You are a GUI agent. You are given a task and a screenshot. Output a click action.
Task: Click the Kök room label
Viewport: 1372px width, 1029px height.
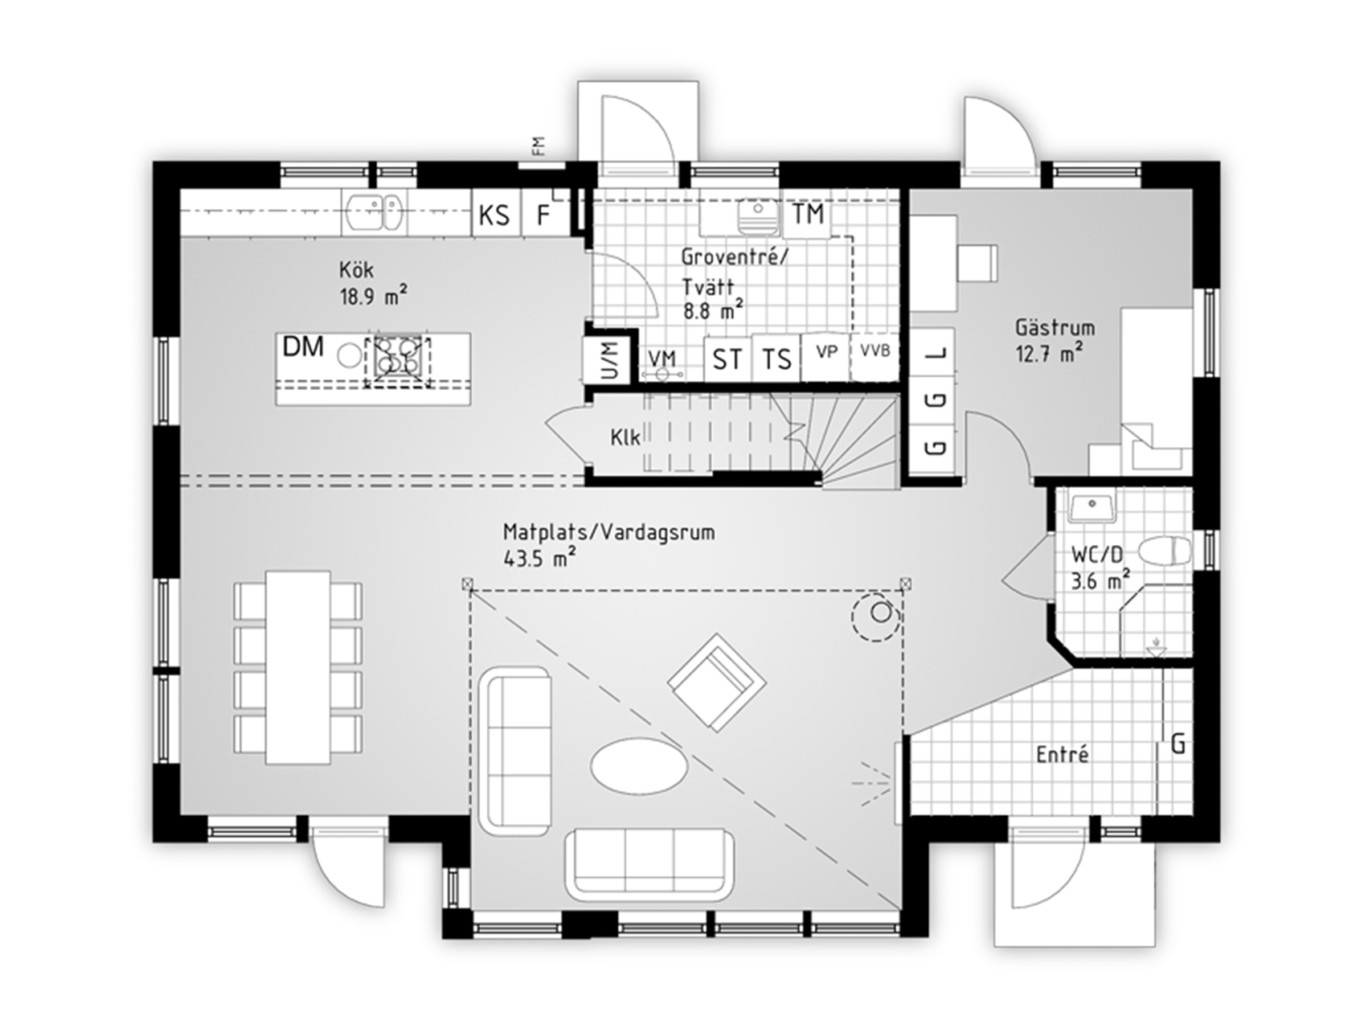coord(356,269)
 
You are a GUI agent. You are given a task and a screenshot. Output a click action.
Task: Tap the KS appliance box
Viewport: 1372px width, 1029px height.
coord(495,214)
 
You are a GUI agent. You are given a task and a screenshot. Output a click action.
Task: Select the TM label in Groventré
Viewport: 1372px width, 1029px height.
coord(808,213)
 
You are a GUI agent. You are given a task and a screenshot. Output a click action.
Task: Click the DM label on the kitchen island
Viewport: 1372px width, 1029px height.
coord(304,347)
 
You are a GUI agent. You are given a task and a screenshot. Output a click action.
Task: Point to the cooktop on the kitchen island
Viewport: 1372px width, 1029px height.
coord(397,357)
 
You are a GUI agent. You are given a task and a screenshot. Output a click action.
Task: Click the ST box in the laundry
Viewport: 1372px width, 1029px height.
coord(727,359)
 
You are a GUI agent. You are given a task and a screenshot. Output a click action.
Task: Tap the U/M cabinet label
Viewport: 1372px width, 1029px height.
coord(611,361)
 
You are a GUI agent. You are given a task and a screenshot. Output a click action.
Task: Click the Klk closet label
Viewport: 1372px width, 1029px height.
coord(625,437)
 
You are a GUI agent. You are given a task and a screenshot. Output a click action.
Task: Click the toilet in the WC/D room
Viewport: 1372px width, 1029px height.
coord(1165,551)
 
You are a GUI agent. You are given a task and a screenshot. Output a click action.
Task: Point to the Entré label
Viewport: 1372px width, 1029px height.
coord(1063,755)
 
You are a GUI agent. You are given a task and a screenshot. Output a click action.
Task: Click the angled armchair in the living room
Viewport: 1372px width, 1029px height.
coord(716,682)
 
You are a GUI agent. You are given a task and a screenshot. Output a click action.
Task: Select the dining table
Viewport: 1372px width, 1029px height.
coord(298,667)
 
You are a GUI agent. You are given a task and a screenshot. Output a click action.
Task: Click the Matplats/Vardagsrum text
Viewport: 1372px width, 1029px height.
coord(608,531)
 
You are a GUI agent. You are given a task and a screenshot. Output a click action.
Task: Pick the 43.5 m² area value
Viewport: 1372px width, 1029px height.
coord(539,558)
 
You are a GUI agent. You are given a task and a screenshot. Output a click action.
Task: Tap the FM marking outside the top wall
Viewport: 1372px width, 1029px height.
coord(538,146)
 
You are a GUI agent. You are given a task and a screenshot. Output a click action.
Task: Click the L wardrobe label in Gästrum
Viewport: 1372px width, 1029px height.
coord(936,353)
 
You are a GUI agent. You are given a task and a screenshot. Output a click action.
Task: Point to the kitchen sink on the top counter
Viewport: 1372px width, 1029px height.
coord(374,213)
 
